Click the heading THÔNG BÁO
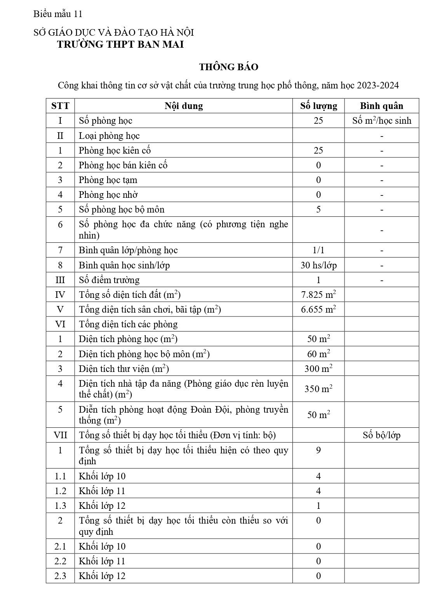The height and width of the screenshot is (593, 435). tap(228, 67)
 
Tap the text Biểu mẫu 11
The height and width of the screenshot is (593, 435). tap(58, 14)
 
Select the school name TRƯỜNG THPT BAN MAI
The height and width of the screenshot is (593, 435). tap(120, 44)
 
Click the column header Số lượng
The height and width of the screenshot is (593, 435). tap(318, 106)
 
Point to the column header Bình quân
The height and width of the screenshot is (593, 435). tap(381, 106)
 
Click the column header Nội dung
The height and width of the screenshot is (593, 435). tap(183, 106)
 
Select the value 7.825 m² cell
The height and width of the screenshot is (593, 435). tap(318, 295)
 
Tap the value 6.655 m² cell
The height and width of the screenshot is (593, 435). tap(318, 309)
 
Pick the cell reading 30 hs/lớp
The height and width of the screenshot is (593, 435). tap(318, 265)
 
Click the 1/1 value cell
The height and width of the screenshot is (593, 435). tap(318, 251)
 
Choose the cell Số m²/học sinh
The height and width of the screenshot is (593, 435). tap(381, 121)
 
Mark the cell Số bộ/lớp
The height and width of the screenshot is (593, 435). tap(381, 435)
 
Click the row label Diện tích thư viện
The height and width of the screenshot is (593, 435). tap(124, 368)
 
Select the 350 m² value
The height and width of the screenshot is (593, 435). tap(318, 389)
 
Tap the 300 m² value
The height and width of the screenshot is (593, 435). tap(318, 368)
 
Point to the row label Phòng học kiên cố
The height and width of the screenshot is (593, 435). tap(115, 150)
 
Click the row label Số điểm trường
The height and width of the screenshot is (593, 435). tap(109, 280)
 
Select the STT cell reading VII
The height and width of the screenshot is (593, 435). tap(60, 435)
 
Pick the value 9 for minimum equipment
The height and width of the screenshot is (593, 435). tap(318, 450)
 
